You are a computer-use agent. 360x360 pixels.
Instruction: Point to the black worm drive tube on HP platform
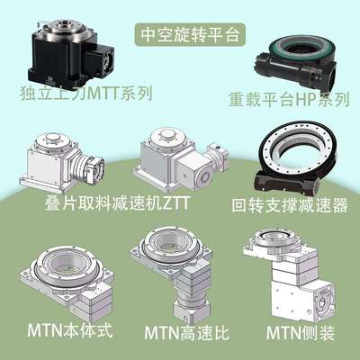click(270, 76)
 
